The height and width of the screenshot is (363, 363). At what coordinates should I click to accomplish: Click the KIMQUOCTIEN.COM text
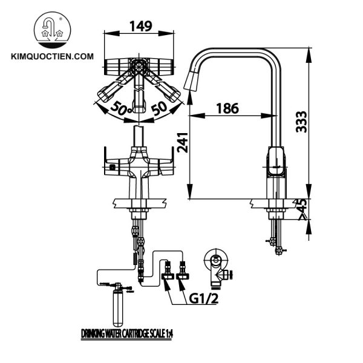pyautogui.click(x=53, y=56)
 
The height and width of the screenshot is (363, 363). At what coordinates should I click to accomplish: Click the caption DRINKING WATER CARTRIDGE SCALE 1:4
pyautogui.click(x=131, y=333)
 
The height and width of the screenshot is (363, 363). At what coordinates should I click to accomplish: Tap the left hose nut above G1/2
pyautogui.click(x=167, y=270)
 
